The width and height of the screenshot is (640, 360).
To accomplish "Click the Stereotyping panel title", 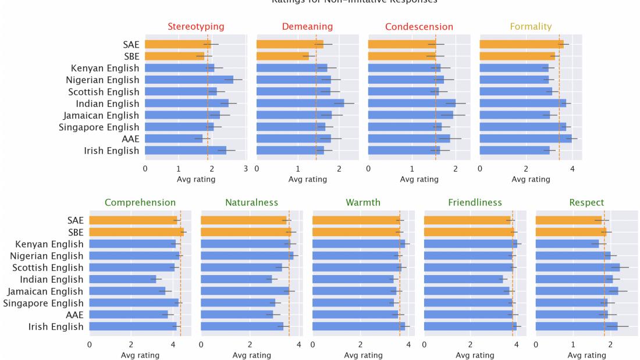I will [195, 27].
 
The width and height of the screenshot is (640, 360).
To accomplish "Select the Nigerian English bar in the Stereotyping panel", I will [189, 80].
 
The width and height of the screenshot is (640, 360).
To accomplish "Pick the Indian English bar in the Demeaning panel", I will [300, 104].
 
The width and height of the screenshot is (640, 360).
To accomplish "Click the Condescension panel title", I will [419, 27].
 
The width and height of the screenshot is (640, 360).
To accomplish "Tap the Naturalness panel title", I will [251, 202].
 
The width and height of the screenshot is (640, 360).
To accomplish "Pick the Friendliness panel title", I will [475, 202].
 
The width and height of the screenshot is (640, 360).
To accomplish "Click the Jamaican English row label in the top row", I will [102, 115].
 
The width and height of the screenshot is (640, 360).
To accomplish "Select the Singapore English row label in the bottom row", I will [43, 303].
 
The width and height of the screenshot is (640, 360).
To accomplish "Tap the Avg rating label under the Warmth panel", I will [363, 355].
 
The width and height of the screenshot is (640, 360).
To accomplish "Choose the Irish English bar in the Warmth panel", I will [358, 327].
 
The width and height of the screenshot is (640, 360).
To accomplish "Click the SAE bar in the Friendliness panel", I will [467, 220].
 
